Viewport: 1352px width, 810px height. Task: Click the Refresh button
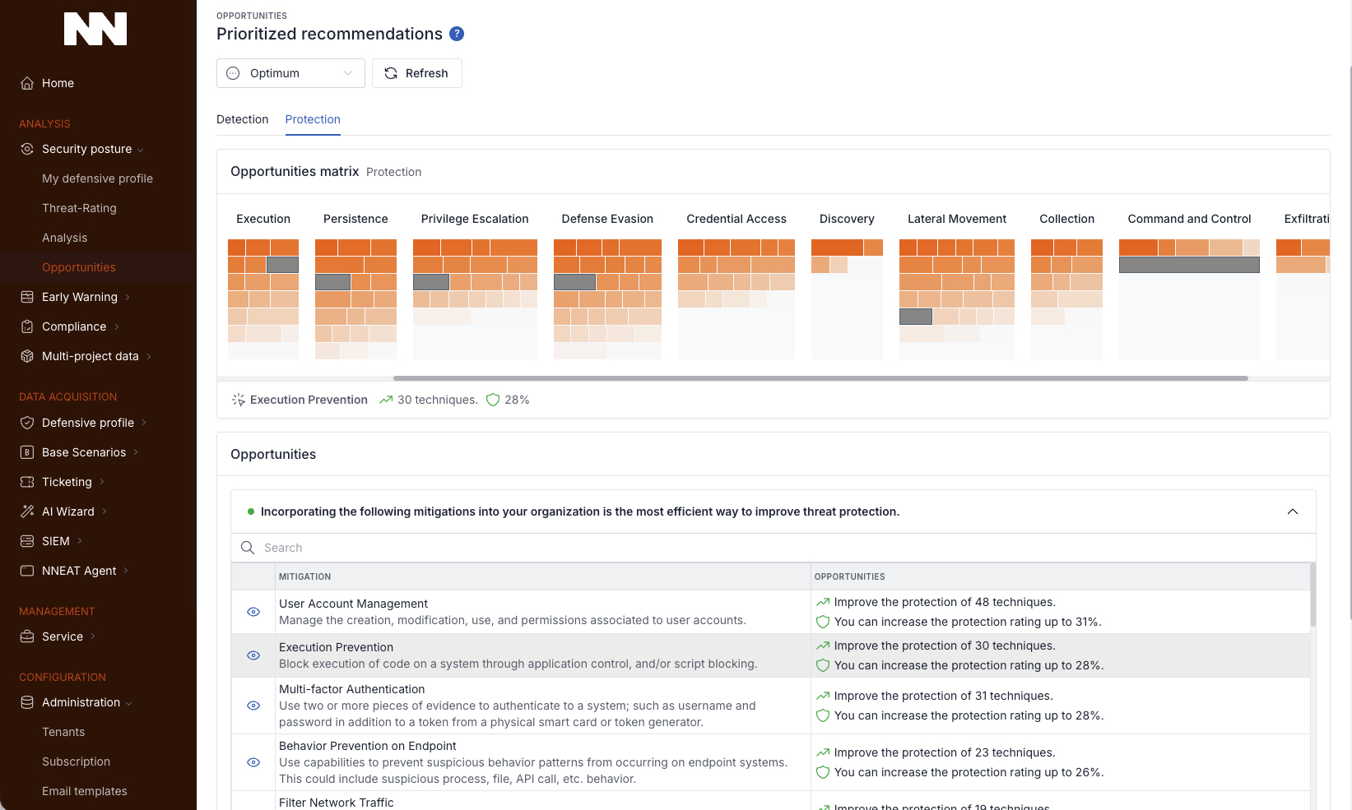(x=416, y=73)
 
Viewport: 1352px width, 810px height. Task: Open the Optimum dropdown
(x=290, y=73)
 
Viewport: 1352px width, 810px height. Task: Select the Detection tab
(x=242, y=119)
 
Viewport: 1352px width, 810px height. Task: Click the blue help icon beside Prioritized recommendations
(x=457, y=34)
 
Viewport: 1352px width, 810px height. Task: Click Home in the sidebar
(x=58, y=83)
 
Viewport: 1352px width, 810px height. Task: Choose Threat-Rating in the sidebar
(x=79, y=208)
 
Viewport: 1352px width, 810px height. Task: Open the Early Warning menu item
(x=79, y=297)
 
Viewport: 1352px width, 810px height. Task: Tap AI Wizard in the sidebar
(x=68, y=511)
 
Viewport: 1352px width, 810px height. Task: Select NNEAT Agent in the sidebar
(x=79, y=571)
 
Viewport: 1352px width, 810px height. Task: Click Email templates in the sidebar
(x=85, y=791)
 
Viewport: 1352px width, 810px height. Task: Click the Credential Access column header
(x=736, y=219)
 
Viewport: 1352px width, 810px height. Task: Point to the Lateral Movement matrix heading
(x=956, y=219)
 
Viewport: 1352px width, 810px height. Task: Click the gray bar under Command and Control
(x=1188, y=265)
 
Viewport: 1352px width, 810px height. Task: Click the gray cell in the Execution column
(x=282, y=265)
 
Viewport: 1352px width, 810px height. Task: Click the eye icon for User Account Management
(x=253, y=612)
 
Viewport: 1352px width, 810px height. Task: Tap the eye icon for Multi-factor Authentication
(x=253, y=706)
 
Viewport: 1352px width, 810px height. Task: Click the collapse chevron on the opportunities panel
(x=1292, y=511)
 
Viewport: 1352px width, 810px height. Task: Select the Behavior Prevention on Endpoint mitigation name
(x=367, y=746)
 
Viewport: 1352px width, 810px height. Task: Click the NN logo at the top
(x=95, y=29)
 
